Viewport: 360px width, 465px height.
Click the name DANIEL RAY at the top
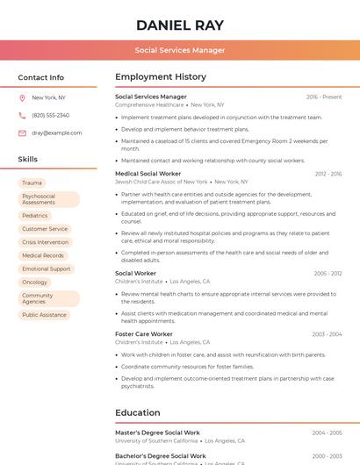pos(180,25)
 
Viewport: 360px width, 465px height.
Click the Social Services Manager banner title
pos(180,50)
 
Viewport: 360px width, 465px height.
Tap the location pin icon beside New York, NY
pos(22,97)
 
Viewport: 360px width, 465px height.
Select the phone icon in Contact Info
pos(22,115)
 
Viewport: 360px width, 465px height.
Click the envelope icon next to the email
pos(22,132)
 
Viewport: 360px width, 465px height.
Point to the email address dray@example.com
pos(56,132)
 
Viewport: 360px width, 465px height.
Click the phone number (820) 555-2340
pos(50,115)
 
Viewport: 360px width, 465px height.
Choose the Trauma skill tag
pos(32,183)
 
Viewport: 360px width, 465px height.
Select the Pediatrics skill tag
pos(35,215)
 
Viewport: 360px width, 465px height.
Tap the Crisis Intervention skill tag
pos(45,242)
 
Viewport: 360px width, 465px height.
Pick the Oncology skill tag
pos(35,283)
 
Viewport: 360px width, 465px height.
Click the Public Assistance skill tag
pos(44,314)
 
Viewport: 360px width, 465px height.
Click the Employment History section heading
pos(161,77)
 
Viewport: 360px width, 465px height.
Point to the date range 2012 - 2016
pos(328,175)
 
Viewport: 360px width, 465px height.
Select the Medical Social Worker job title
pos(148,174)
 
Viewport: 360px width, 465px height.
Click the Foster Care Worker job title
pos(144,334)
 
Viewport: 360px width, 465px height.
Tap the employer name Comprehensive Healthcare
pos(149,104)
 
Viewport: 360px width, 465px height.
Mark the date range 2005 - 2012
pos(328,274)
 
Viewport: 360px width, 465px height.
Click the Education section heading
pos(138,412)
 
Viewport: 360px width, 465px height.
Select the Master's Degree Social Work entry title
pos(158,433)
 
